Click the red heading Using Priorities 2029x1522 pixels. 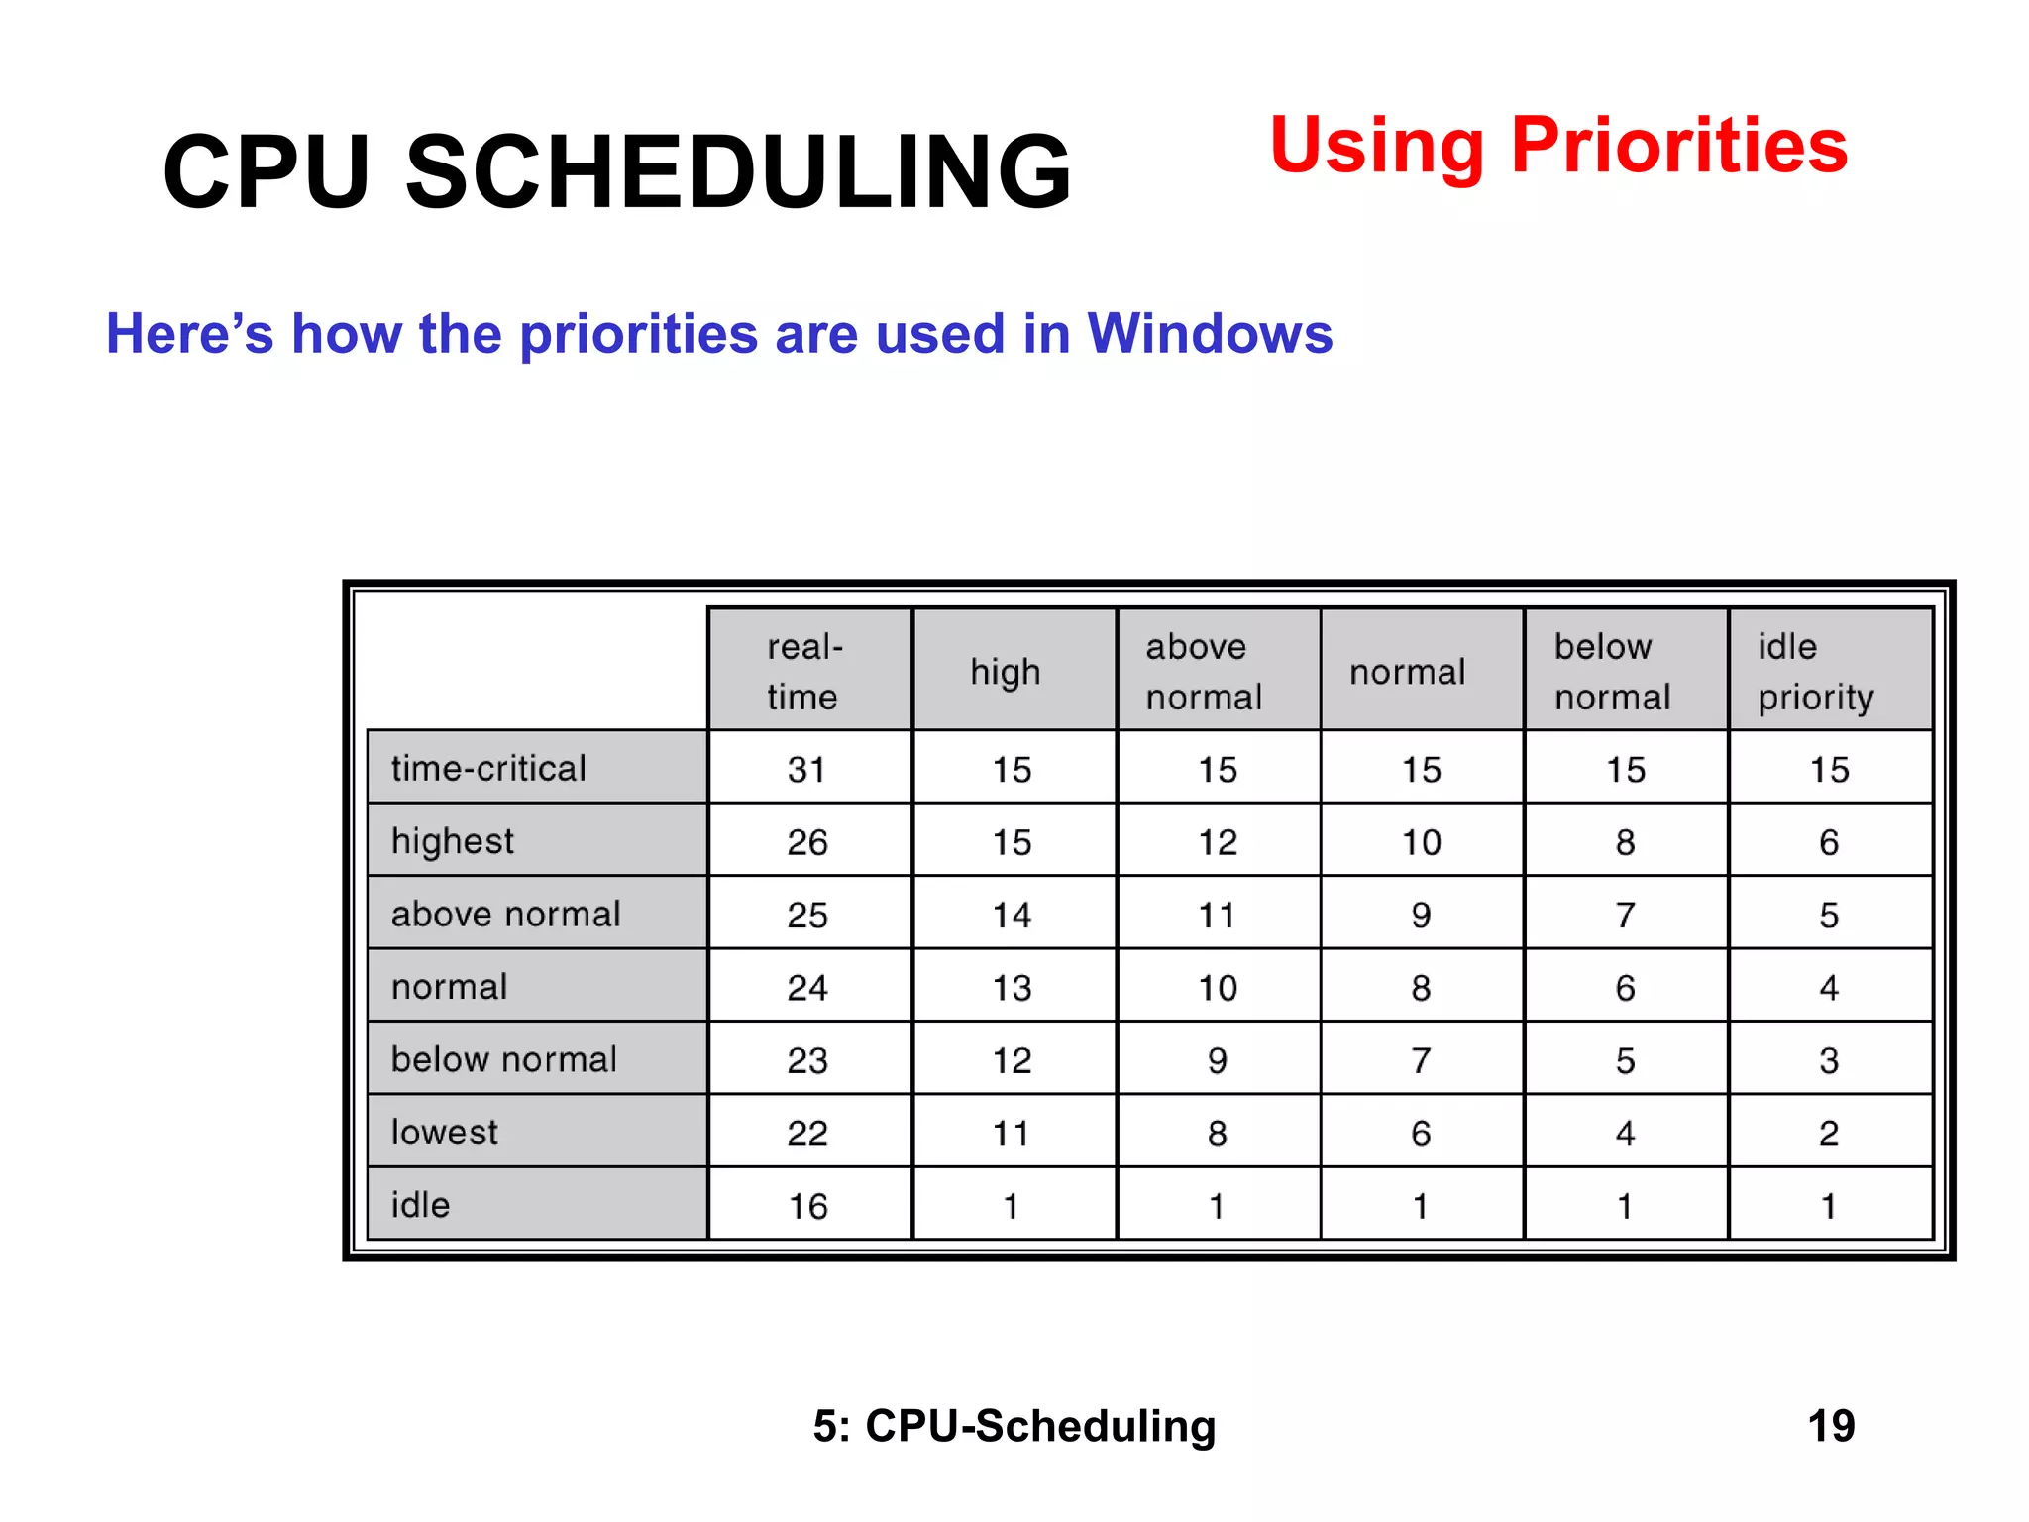pyautogui.click(x=1557, y=147)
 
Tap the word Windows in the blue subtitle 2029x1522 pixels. pyautogui.click(x=1210, y=334)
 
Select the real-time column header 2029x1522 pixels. pyautogui.click(x=808, y=671)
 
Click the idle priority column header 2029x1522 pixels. pyautogui.click(x=1829, y=671)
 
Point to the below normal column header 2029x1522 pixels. pyautogui.click(x=1624, y=671)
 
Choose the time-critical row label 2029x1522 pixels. pyautogui.click(x=536, y=768)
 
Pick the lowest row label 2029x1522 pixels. pyautogui.click(x=536, y=1132)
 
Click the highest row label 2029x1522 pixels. pyautogui.click(x=536, y=841)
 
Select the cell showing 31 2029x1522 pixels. pyautogui.click(x=808, y=769)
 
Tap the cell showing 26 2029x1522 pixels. pyautogui.click(x=808, y=842)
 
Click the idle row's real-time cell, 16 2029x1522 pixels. pyautogui.click(x=808, y=1206)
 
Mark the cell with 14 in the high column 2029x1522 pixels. pyautogui.click(x=1013, y=915)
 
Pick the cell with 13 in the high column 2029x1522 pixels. pyautogui.click(x=1013, y=987)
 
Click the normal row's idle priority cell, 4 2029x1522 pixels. pyautogui.click(x=1829, y=987)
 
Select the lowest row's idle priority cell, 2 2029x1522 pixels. pyautogui.click(x=1829, y=1133)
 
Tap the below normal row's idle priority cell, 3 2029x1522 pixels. pyautogui.click(x=1829, y=1060)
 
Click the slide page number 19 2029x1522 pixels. pyautogui.click(x=1831, y=1426)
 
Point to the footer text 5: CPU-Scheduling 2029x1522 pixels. pyautogui.click(x=1014, y=1426)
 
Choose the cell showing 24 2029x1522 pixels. pyautogui.click(x=808, y=987)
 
